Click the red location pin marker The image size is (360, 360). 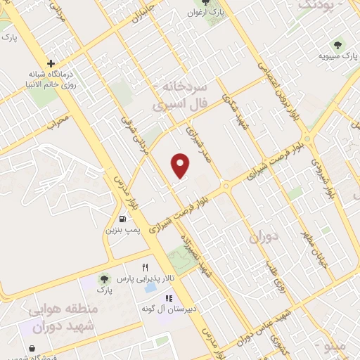tap(181, 165)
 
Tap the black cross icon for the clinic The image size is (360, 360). tap(51, 63)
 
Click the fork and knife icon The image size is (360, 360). tap(146, 267)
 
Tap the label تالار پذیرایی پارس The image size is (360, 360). tap(146, 279)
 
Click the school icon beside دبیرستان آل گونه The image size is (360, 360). tap(167, 298)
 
